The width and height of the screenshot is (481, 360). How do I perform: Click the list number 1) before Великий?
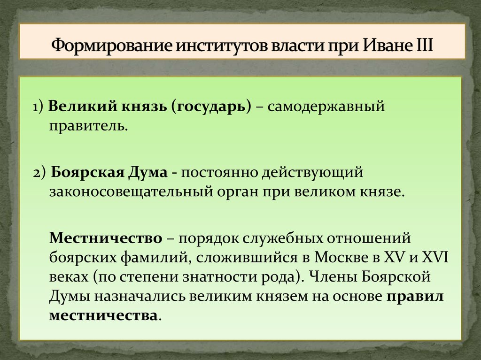[x=38, y=107]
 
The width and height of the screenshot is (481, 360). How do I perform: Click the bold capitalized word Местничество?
[x=106, y=237]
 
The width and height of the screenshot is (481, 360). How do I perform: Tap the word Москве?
[x=339, y=257]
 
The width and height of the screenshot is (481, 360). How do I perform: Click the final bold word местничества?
[x=103, y=315]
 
